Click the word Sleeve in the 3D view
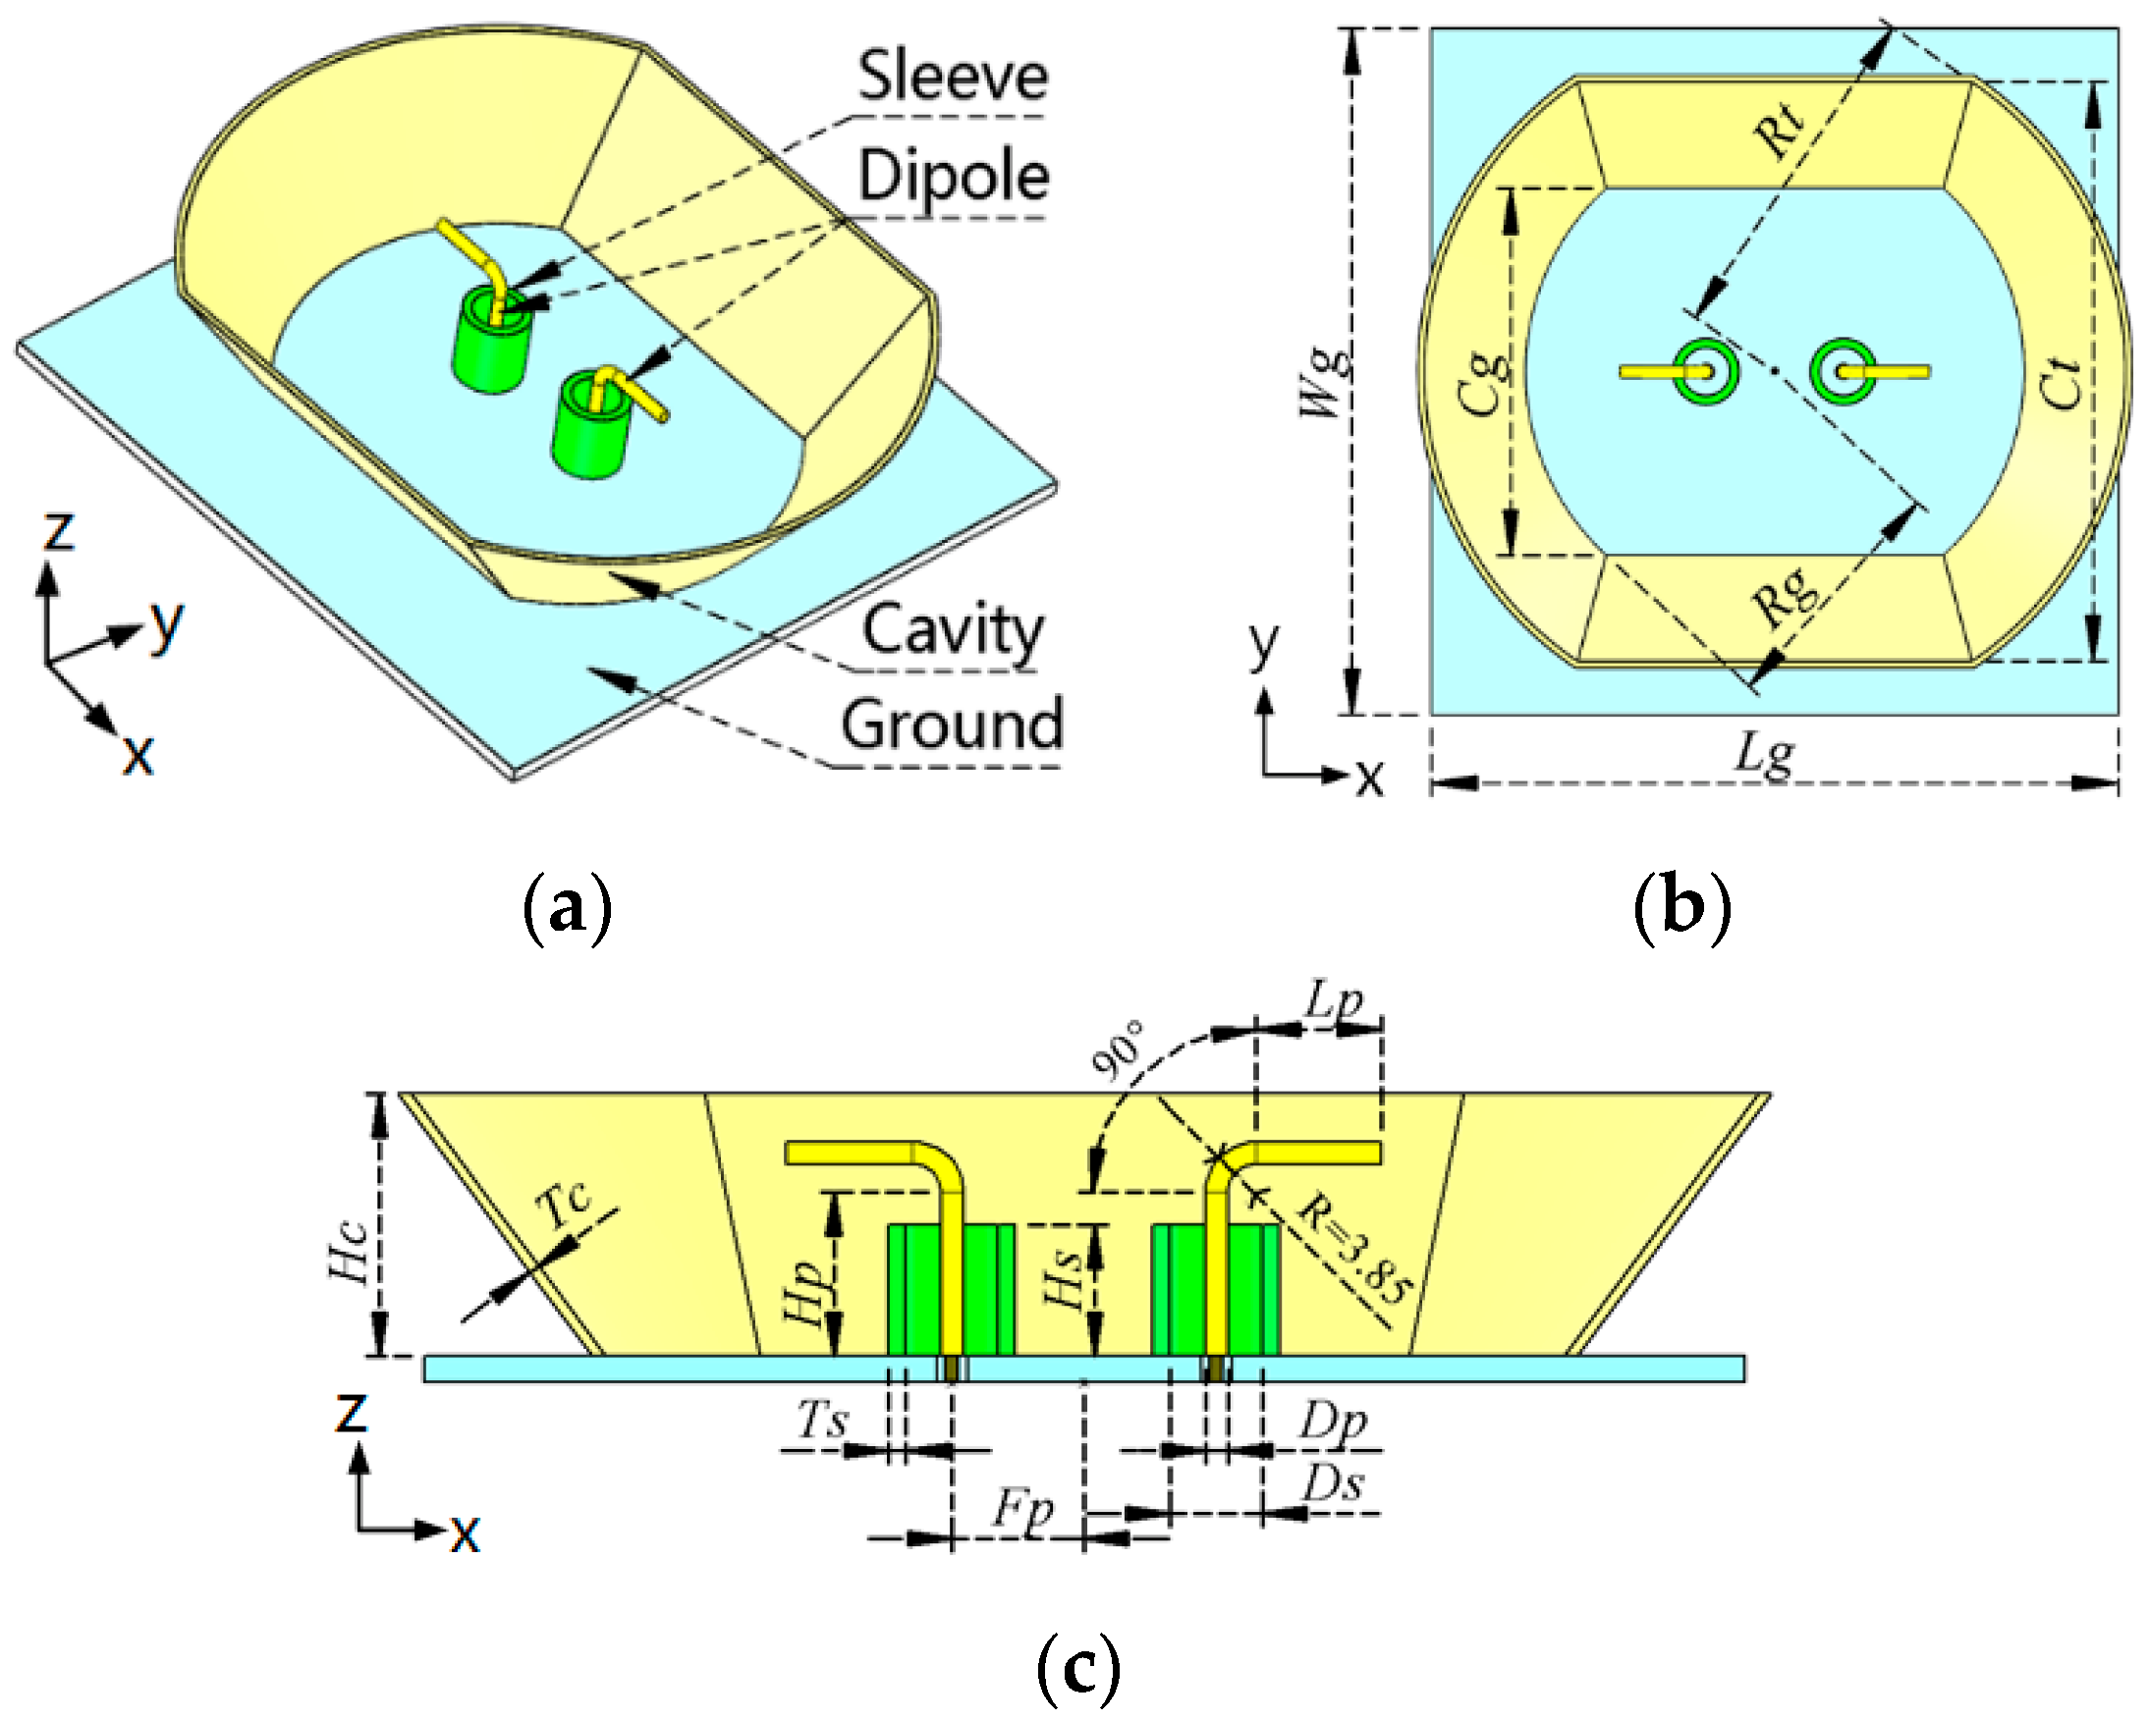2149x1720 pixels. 952,77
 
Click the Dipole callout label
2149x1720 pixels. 954,177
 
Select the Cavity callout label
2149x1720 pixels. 952,631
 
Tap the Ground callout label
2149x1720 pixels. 952,725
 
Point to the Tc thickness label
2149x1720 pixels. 563,1206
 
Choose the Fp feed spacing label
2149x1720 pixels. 1021,1511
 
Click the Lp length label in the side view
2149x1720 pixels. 1334,999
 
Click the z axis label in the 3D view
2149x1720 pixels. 58,531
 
